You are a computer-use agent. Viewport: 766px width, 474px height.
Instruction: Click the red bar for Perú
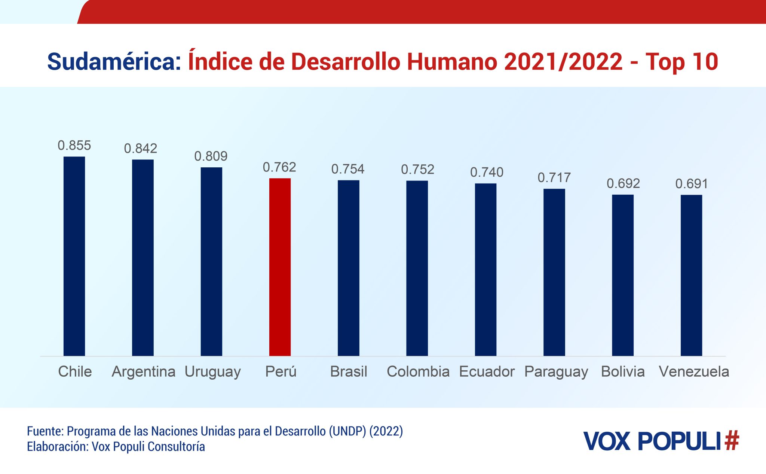280,267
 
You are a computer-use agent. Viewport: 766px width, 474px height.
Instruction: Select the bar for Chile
74,256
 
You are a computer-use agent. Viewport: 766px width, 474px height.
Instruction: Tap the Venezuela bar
691,275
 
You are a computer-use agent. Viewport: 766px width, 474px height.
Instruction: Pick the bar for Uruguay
211,261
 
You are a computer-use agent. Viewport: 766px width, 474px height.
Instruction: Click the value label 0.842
141,149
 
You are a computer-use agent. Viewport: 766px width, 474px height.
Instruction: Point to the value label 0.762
279,167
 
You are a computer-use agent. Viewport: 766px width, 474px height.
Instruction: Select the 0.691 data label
691,184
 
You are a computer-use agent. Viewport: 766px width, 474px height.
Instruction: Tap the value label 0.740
487,172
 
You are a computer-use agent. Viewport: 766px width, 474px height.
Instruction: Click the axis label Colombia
418,371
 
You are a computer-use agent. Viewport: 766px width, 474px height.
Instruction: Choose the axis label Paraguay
556,372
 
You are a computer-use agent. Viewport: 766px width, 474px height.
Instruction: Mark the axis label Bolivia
623,371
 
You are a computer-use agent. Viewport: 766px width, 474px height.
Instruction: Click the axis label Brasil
349,371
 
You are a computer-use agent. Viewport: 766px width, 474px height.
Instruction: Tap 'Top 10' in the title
681,62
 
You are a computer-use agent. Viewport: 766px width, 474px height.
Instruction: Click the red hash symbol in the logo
732,441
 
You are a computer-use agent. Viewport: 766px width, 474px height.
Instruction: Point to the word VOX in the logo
607,441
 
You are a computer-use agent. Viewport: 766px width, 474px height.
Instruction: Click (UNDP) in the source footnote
347,431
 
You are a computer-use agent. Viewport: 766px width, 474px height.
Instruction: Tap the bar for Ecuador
485,270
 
